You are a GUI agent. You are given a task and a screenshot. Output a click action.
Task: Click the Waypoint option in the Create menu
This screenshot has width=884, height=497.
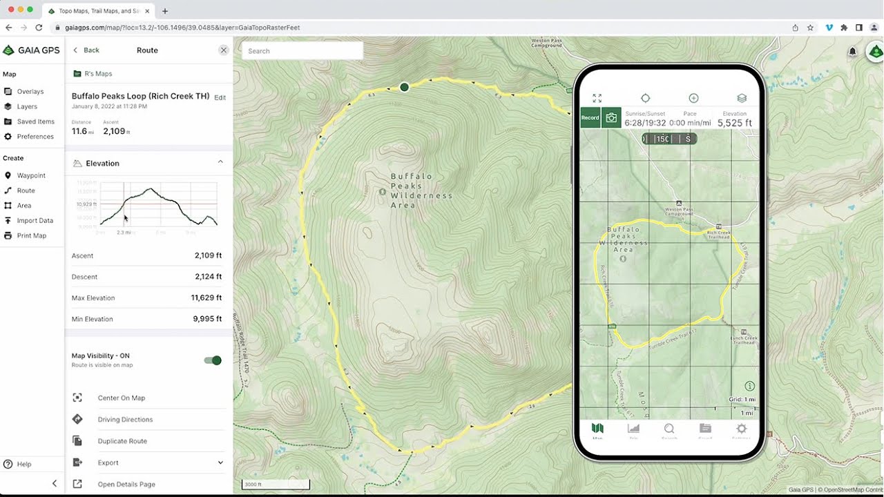[30, 175]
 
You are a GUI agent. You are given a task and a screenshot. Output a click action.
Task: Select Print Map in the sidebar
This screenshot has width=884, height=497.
[31, 235]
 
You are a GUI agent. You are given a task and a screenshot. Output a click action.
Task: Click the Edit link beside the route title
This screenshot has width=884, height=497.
[220, 98]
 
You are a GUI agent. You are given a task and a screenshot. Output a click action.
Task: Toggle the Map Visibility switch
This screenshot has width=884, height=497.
[213, 360]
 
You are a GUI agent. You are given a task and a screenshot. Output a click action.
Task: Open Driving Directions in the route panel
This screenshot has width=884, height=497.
[125, 420]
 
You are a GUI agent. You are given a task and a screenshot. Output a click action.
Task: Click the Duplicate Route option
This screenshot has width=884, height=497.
[122, 441]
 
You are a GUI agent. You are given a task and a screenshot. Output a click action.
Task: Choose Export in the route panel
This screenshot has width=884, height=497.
[108, 462]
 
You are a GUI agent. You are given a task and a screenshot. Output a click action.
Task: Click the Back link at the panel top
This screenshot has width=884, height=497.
[87, 50]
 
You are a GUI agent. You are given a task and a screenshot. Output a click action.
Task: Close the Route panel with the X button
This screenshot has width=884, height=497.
[223, 50]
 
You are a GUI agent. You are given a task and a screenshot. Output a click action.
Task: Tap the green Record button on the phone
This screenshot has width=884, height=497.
[590, 118]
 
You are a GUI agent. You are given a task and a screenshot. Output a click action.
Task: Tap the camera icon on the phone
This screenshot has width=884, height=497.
[611, 118]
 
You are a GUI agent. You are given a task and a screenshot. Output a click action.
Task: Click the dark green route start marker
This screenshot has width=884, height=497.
[405, 87]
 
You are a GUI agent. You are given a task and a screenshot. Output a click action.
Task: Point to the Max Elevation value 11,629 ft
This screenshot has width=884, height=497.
[206, 298]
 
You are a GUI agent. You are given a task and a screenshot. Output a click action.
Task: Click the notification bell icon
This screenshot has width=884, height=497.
[852, 52]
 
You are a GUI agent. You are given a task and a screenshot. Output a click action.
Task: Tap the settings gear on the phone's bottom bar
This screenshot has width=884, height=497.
[741, 429]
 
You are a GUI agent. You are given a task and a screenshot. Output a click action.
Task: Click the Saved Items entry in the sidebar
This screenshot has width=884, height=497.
[35, 121]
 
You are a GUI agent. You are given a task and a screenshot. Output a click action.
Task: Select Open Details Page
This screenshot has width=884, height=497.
[126, 485]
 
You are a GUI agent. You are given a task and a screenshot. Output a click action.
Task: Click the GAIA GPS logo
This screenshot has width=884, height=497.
[32, 50]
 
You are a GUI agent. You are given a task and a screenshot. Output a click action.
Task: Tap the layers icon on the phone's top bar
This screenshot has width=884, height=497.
[742, 99]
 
